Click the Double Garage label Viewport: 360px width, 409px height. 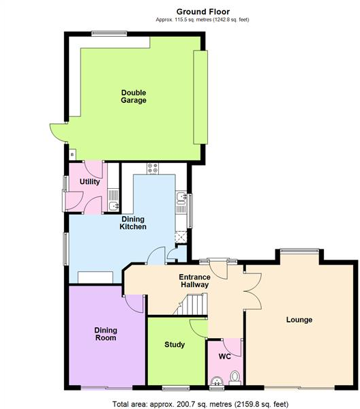(134, 97)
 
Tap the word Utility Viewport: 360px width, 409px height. (90, 182)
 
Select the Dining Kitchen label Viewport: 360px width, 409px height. (133, 222)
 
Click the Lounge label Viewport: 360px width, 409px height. (299, 319)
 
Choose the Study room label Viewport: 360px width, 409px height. (175, 344)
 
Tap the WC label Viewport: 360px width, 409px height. (224, 357)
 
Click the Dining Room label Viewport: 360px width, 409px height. (105, 333)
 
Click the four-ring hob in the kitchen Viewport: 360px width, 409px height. (152, 168)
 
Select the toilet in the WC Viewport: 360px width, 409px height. (235, 376)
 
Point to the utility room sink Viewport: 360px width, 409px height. (114, 204)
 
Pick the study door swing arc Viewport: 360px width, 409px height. (198, 328)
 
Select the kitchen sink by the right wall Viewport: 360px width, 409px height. (181, 198)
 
